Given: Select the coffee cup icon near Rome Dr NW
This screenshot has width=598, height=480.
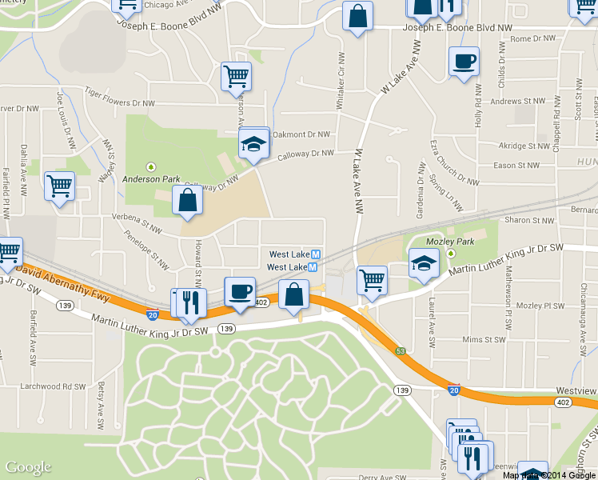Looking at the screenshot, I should [x=463, y=62].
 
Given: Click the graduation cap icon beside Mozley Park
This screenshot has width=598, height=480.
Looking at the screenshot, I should [x=424, y=262].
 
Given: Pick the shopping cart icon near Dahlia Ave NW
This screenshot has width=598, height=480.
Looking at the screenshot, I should [x=59, y=186].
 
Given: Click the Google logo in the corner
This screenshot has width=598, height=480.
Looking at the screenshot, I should [x=28, y=467].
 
